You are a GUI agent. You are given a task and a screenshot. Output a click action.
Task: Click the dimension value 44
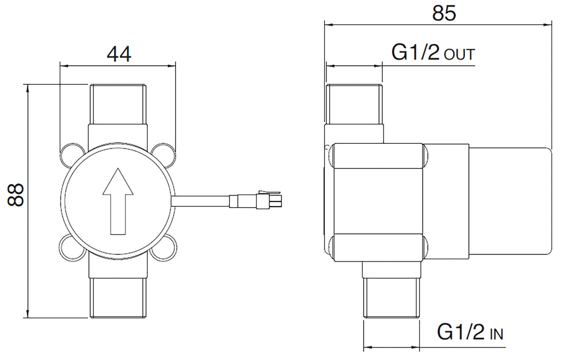(119, 54)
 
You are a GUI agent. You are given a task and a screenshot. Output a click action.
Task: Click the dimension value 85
(444, 14)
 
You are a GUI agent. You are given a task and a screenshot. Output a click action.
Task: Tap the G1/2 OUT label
(432, 53)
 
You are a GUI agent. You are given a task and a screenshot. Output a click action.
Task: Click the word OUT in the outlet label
(460, 55)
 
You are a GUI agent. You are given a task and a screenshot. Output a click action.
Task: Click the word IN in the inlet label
(496, 334)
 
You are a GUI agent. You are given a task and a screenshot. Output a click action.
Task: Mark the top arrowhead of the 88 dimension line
(27, 89)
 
